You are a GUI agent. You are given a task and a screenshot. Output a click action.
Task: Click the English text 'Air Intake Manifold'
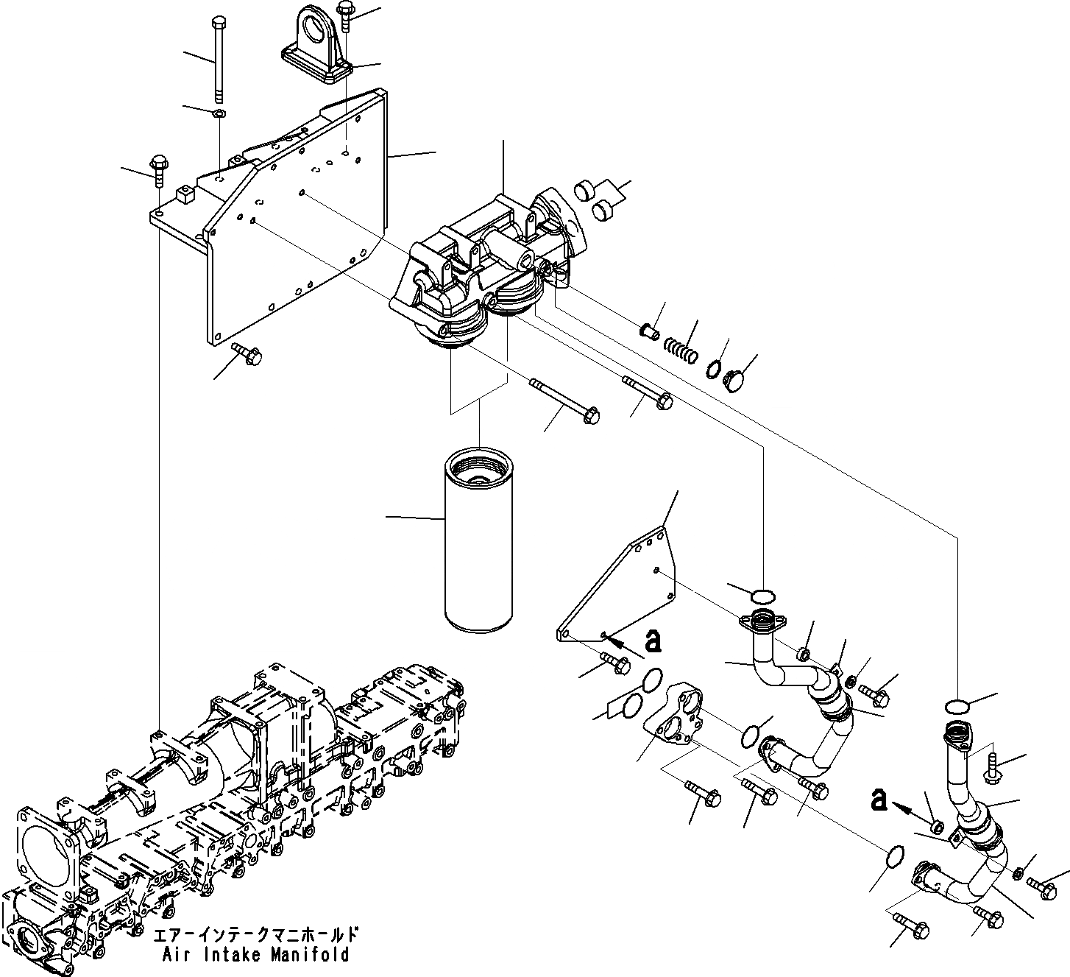pyautogui.click(x=255, y=956)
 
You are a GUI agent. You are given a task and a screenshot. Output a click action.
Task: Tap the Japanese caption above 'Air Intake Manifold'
pyautogui.click(x=256, y=936)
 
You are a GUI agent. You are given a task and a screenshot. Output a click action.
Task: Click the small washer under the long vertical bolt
pyautogui.click(x=219, y=113)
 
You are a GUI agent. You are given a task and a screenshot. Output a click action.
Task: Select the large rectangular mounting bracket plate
pyautogui.click(x=294, y=214)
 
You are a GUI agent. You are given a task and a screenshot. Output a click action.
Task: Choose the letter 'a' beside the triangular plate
pyautogui.click(x=652, y=642)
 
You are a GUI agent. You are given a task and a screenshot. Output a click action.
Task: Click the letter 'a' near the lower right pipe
pyautogui.click(x=878, y=800)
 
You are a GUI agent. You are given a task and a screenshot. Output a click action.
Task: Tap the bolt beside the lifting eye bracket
pyautogui.click(x=346, y=16)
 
